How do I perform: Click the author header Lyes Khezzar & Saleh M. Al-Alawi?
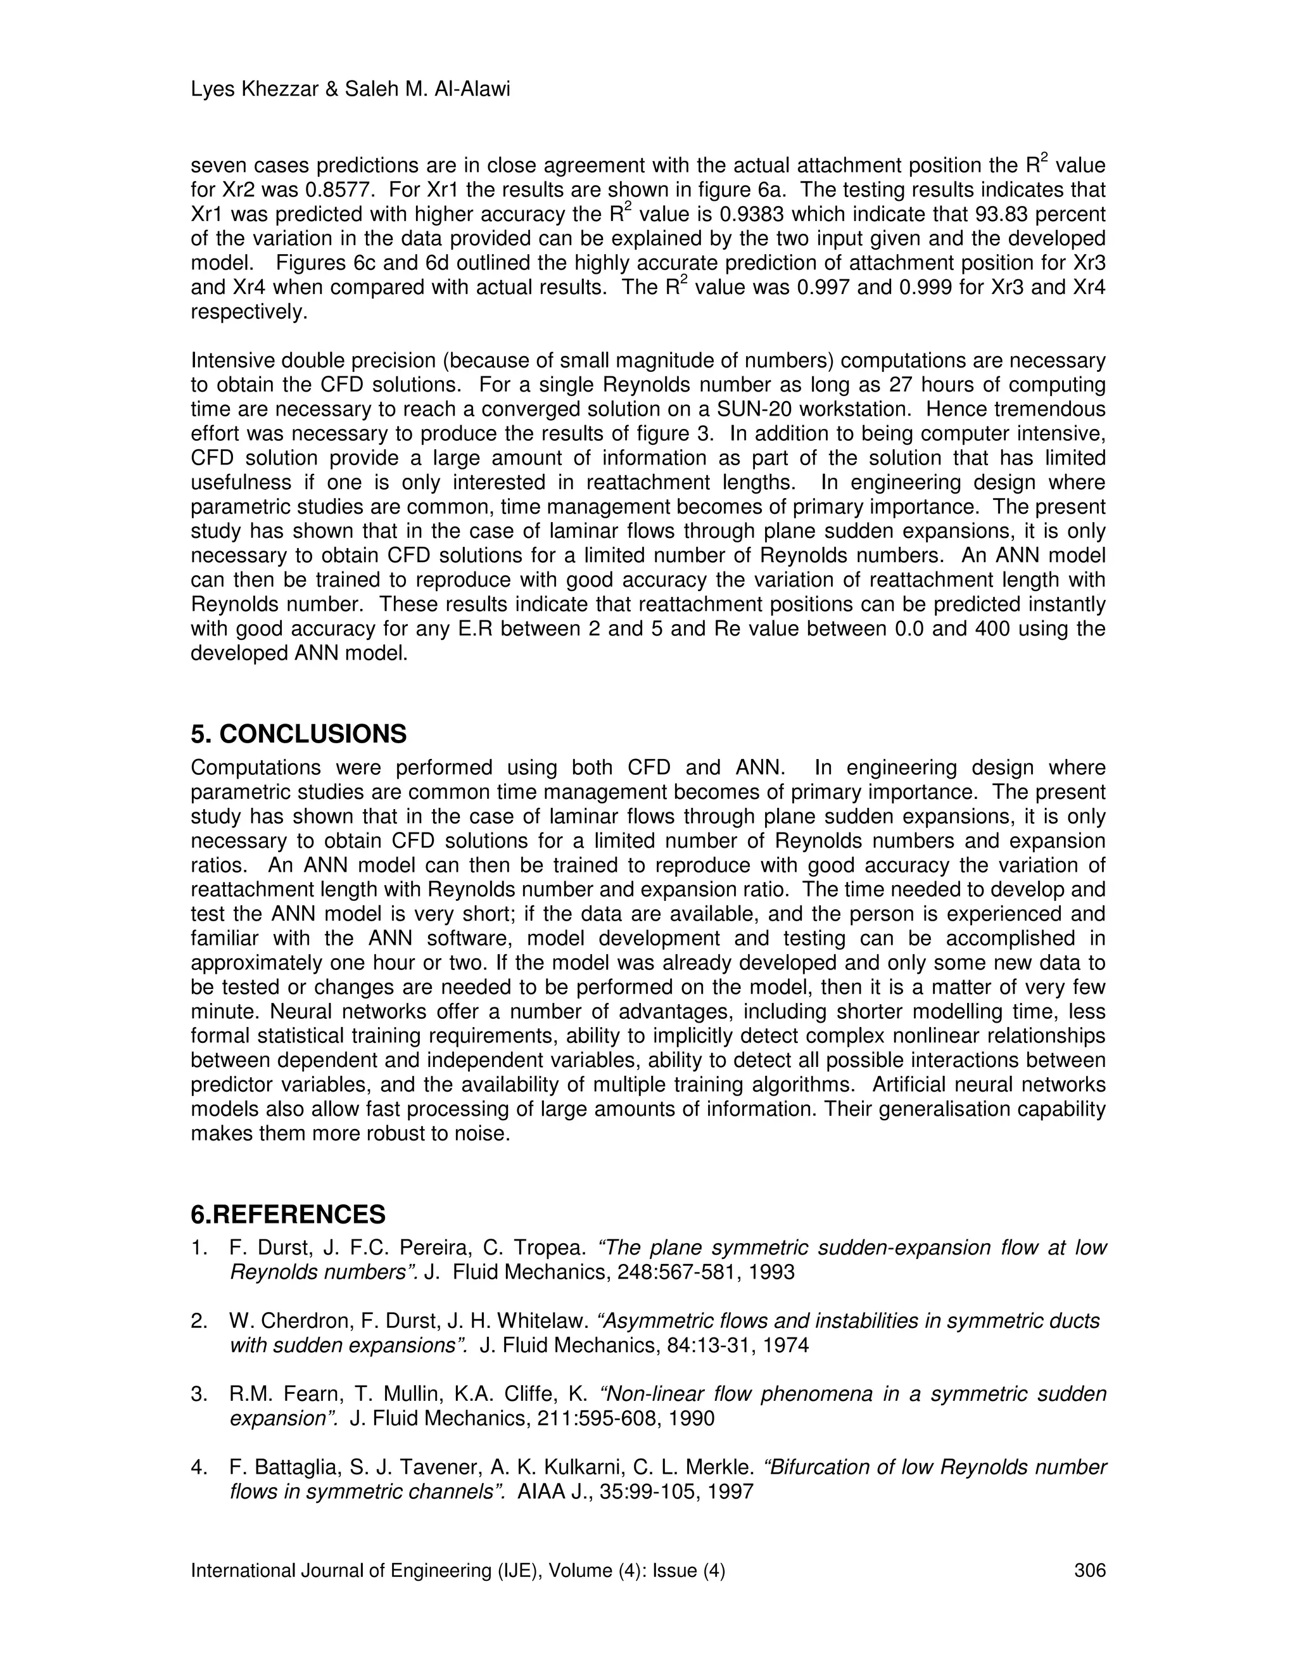350,90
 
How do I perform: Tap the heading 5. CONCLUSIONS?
298,734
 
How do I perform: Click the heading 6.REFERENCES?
288,1215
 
